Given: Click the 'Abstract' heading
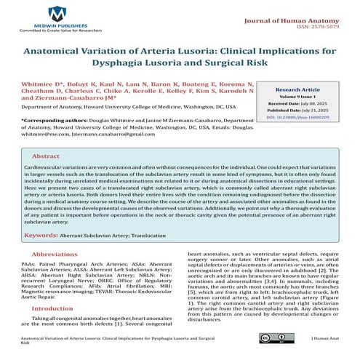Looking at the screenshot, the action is coord(47,156).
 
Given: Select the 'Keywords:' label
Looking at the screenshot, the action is coord(42,236).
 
